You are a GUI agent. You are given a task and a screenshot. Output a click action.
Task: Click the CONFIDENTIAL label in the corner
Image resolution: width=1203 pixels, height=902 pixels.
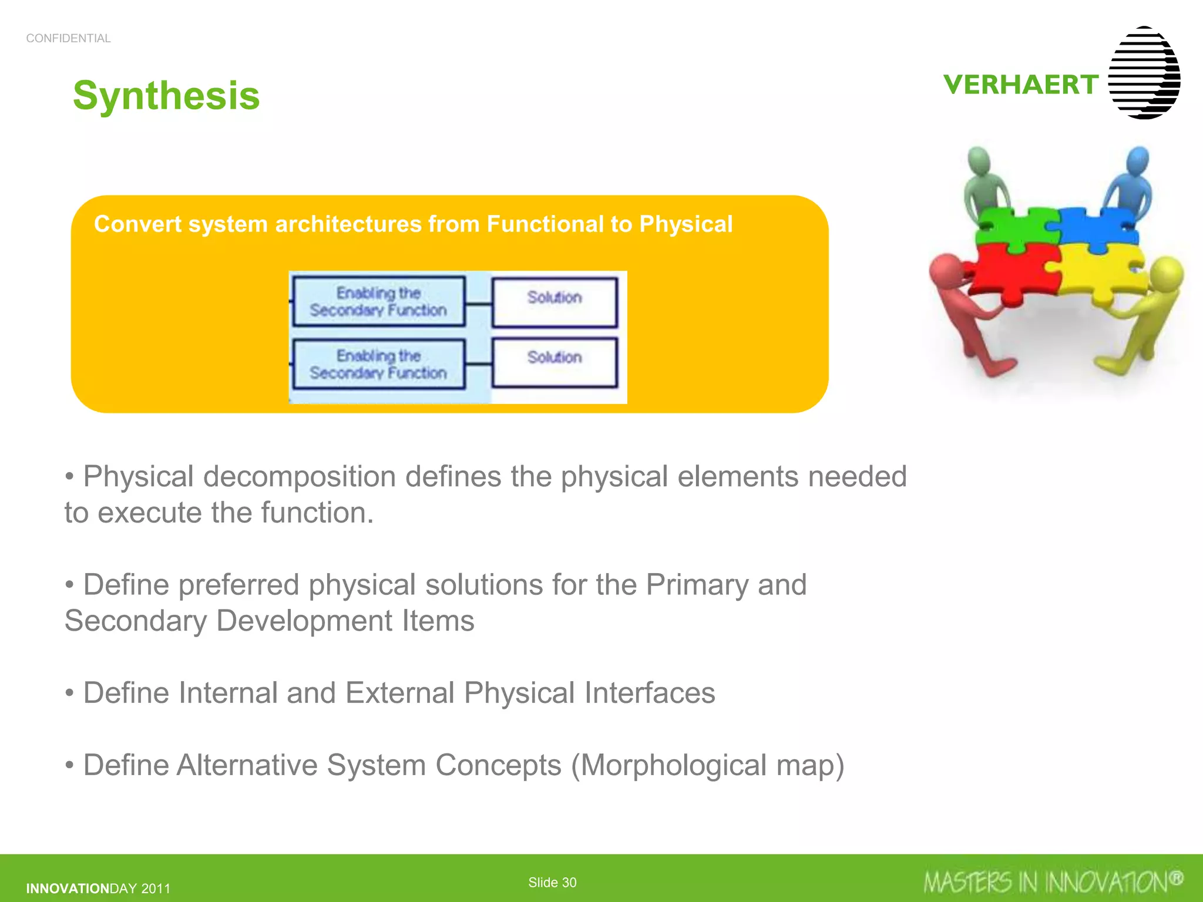[68, 38]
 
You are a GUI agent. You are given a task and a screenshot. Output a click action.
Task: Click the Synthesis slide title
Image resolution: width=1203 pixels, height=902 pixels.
[166, 95]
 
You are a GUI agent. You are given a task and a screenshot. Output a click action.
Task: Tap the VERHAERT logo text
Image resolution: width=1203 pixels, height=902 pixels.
[1020, 85]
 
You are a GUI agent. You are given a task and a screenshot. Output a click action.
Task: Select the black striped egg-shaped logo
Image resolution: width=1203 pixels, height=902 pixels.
[1144, 73]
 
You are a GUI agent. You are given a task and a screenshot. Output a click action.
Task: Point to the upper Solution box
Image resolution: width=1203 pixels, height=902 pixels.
[555, 302]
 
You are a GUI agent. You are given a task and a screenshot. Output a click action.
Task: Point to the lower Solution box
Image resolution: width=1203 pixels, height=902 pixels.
[555, 362]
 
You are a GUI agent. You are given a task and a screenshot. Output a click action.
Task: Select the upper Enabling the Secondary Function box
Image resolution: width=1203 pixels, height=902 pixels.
[379, 302]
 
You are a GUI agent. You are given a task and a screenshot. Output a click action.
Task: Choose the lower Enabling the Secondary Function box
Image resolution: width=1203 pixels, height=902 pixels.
[379, 364]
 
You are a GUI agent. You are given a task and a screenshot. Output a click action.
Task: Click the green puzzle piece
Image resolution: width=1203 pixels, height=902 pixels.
[1019, 229]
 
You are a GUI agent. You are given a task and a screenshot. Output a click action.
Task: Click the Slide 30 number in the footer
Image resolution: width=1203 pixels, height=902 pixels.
[552, 882]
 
